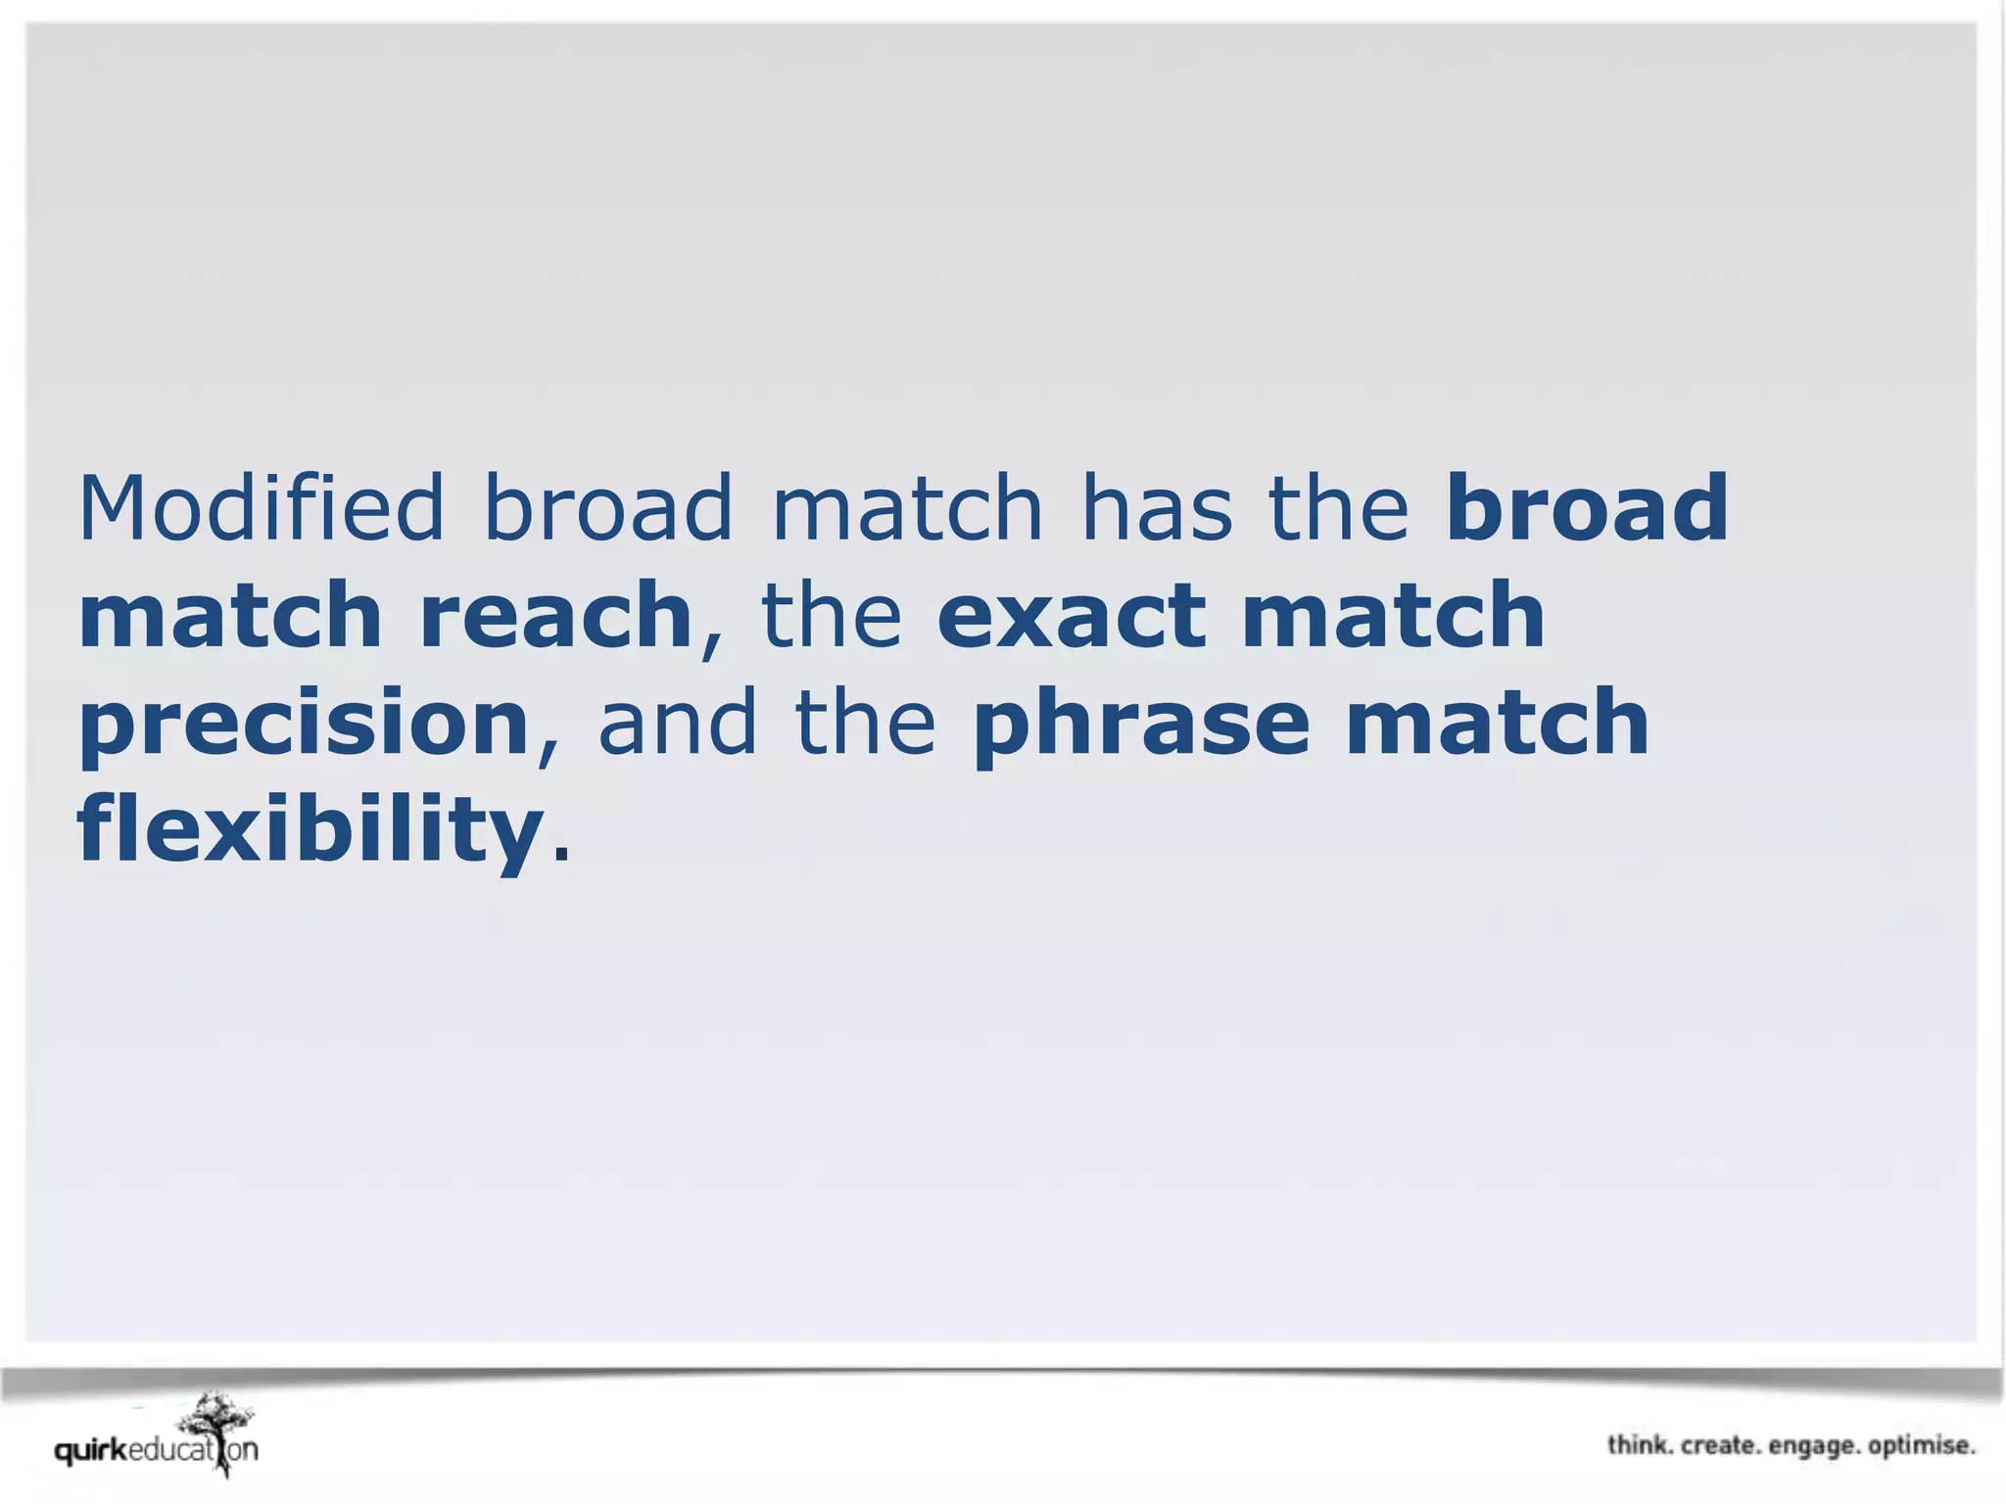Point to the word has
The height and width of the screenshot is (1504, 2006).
1156,509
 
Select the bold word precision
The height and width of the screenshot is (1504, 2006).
305,725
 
